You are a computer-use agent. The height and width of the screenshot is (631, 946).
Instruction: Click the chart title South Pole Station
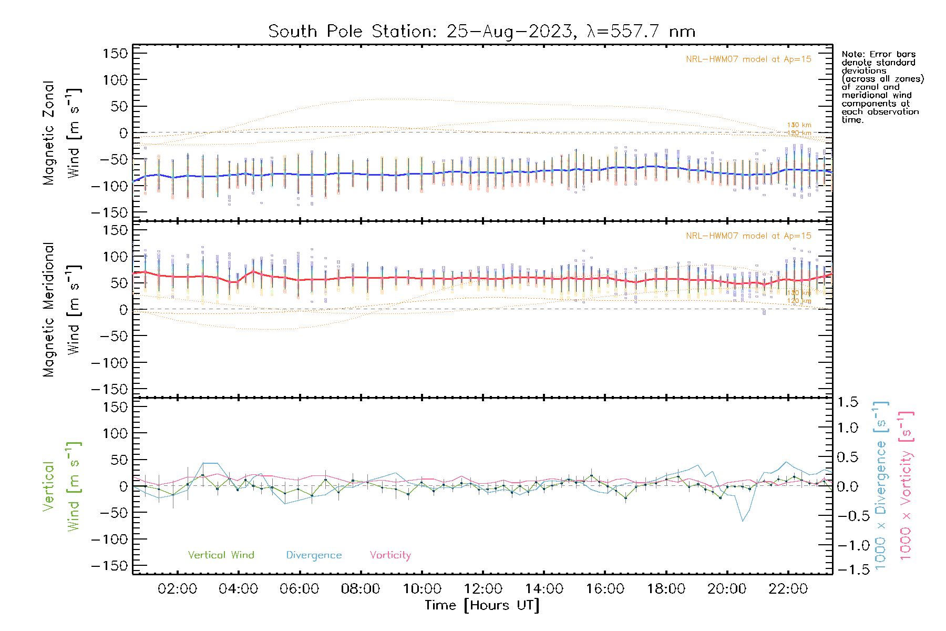(481, 32)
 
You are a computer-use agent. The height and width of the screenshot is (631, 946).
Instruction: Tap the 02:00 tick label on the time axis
(177, 589)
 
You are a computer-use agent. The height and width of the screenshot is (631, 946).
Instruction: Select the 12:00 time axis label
(483, 589)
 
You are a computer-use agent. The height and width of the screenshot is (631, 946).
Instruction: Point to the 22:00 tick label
(788, 589)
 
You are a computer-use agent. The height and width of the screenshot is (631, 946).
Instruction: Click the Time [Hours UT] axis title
(482, 605)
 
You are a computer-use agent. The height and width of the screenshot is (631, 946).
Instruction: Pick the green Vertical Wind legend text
(221, 555)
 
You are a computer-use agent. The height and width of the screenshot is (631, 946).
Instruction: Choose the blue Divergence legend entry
(314, 555)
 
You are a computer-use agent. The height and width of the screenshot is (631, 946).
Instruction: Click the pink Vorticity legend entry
(390, 555)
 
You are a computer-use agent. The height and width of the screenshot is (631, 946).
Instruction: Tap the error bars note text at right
(882, 87)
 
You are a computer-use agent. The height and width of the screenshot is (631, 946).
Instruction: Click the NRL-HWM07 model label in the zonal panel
(748, 59)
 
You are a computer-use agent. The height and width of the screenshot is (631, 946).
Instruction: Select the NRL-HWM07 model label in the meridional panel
(748, 236)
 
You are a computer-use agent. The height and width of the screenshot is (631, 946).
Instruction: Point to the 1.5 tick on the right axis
(848, 402)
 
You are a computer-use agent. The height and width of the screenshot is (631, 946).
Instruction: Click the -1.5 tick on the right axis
(848, 569)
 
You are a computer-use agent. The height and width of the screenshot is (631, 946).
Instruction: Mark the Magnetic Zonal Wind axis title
(62, 133)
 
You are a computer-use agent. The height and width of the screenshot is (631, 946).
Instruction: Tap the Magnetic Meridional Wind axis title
(62, 310)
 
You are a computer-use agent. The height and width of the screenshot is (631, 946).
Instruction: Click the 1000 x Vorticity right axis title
(906, 485)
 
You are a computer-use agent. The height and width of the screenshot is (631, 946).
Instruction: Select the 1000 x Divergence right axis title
(881, 485)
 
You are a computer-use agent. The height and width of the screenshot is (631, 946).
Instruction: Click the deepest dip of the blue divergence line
(743, 521)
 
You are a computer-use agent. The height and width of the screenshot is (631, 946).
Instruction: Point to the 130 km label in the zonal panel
(799, 125)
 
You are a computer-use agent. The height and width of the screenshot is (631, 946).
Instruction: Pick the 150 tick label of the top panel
(115, 54)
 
